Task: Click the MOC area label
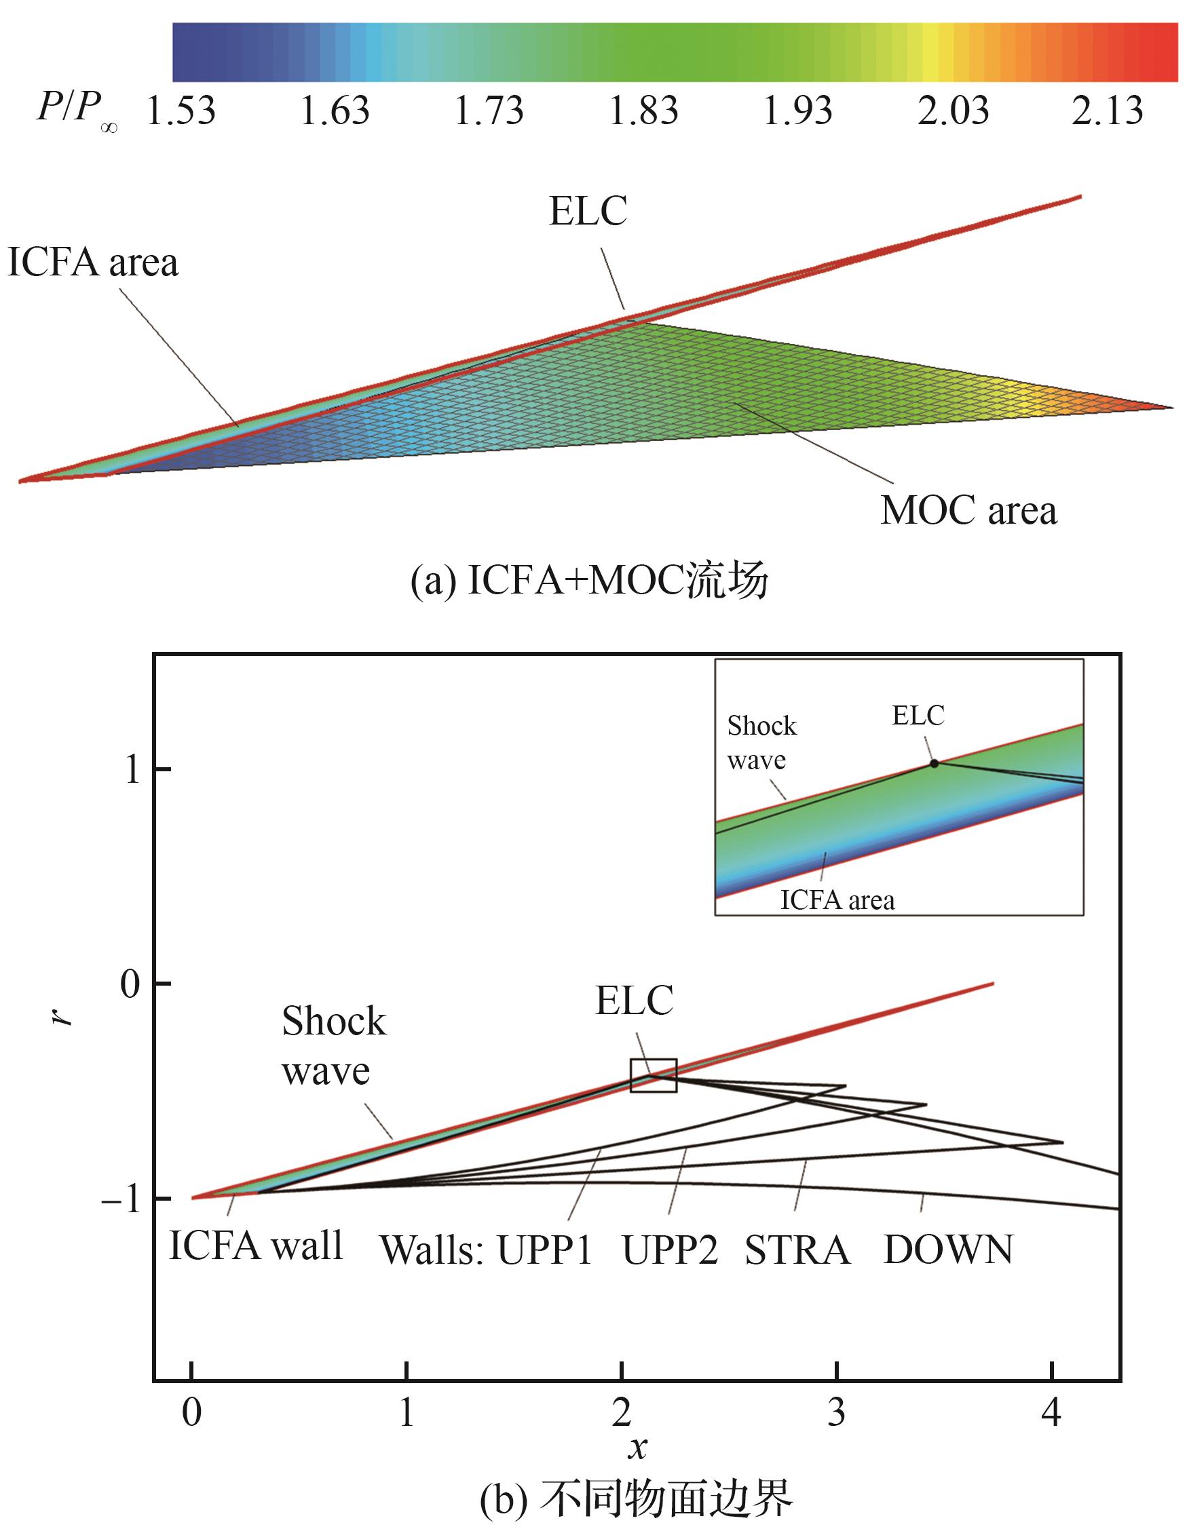(968, 510)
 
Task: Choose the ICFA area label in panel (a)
(92, 263)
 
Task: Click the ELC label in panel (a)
(588, 211)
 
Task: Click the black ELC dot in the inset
(934, 763)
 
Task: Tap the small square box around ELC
(654, 1075)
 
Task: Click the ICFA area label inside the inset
(837, 899)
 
